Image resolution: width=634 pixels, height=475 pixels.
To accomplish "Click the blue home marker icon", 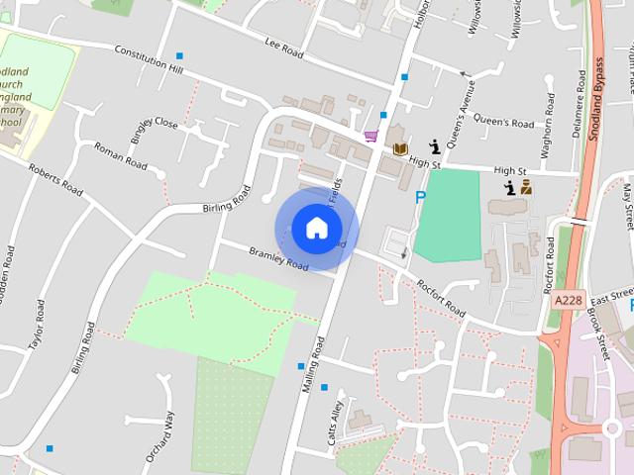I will pos(316,228).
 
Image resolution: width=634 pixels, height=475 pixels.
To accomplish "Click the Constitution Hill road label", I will pos(149,58).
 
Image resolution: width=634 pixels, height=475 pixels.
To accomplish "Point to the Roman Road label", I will pos(121,154).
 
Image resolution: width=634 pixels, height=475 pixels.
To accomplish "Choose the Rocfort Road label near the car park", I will pos(441,298).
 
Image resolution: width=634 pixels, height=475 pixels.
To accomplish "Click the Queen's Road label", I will pos(503,123).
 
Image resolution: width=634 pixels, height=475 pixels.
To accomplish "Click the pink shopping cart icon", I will pos(370,137).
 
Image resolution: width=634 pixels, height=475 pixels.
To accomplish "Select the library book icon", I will pos(400,148).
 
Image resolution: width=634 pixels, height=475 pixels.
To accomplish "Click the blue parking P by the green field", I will pos(420,197).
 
